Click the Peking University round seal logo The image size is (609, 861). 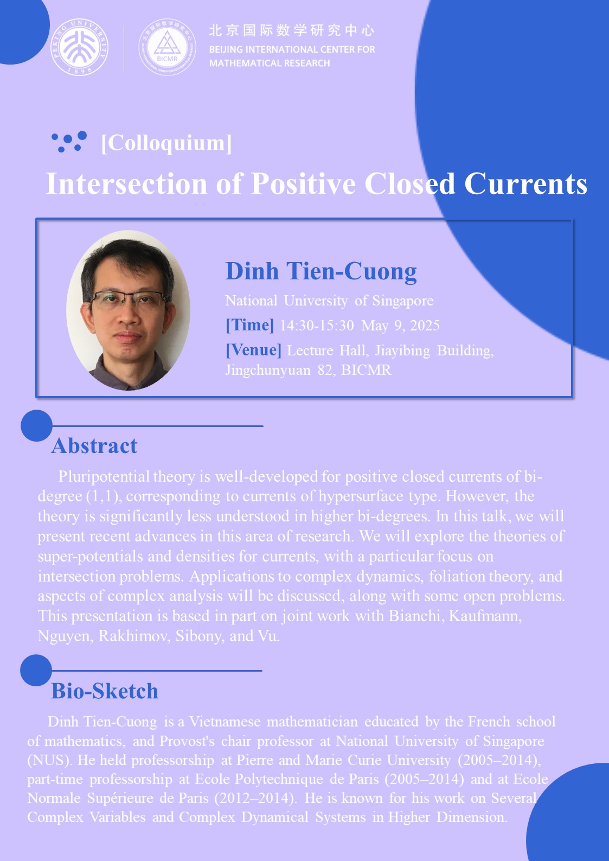click(x=79, y=47)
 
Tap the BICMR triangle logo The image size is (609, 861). click(x=167, y=47)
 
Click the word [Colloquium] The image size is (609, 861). click(x=166, y=143)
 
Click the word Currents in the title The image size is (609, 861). click(x=525, y=184)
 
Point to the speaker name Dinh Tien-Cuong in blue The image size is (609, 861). click(x=321, y=271)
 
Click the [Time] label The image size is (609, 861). click(x=250, y=325)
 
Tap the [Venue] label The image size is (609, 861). click(x=254, y=350)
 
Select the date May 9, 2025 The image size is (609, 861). click(x=400, y=326)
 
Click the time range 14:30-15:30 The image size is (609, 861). click(x=317, y=326)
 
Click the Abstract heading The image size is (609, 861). click(x=94, y=446)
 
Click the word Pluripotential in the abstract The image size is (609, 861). click(x=104, y=477)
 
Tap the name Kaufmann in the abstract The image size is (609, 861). click(x=485, y=616)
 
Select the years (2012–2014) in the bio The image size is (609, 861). click(x=255, y=798)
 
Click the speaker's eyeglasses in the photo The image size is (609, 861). click(x=129, y=299)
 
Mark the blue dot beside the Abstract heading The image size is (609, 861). click(x=36, y=425)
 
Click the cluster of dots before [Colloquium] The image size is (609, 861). click(x=69, y=142)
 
